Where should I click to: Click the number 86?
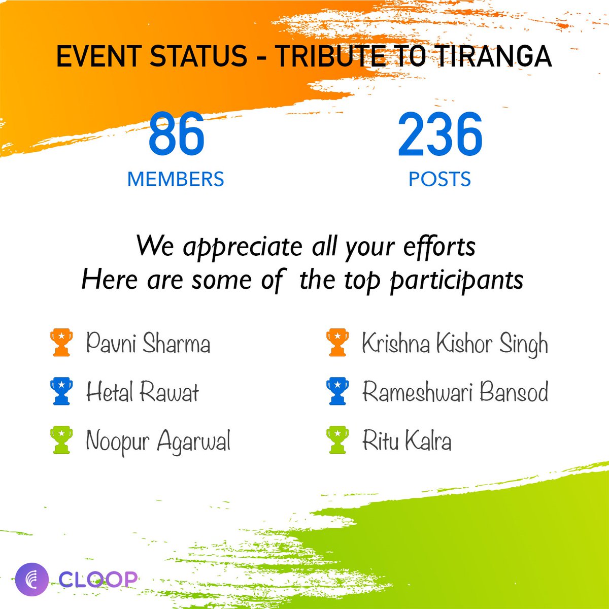(176, 134)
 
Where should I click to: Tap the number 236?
(439, 134)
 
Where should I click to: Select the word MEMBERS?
(176, 179)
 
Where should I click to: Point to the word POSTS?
(439, 179)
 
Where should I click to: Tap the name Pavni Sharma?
(148, 343)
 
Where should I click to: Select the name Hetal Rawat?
(142, 392)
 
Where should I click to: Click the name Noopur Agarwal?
(158, 441)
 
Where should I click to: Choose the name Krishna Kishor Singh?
(455, 344)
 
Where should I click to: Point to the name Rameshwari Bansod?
(455, 392)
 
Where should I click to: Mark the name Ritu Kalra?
(407, 441)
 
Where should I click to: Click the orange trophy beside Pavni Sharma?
(61, 343)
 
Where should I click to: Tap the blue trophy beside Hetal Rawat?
(61, 391)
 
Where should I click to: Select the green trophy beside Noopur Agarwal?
(61, 440)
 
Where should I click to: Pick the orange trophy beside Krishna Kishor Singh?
(337, 343)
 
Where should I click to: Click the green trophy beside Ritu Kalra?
(337, 440)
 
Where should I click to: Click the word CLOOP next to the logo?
(97, 579)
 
